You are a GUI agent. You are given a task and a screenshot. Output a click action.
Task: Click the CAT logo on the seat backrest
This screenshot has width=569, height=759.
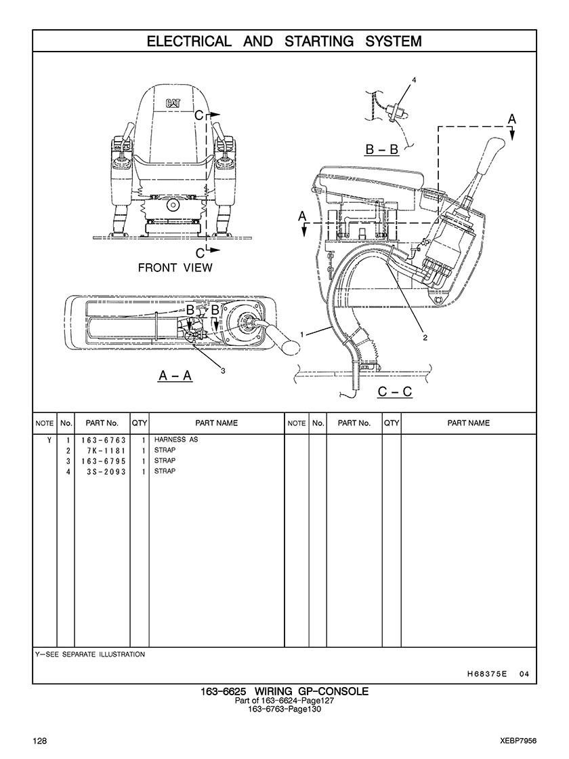coord(174,104)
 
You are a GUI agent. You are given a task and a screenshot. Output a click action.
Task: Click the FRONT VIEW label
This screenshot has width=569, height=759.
coord(175,267)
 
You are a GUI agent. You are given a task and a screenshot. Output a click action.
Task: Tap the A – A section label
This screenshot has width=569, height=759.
coord(175,375)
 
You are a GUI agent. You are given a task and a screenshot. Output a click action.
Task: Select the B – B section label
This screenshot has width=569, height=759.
coord(382,149)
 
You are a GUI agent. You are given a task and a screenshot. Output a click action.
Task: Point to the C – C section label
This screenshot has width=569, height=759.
coord(395,391)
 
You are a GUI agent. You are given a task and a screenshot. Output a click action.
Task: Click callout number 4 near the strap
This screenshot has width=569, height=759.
coord(413,79)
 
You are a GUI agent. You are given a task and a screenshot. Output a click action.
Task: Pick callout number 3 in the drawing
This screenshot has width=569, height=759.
coord(223,371)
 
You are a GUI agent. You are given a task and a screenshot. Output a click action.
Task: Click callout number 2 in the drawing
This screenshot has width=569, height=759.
coord(425,338)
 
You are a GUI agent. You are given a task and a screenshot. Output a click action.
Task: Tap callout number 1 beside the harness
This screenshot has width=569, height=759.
coord(301,334)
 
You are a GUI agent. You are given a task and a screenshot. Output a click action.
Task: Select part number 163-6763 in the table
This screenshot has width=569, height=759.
coord(104,440)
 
